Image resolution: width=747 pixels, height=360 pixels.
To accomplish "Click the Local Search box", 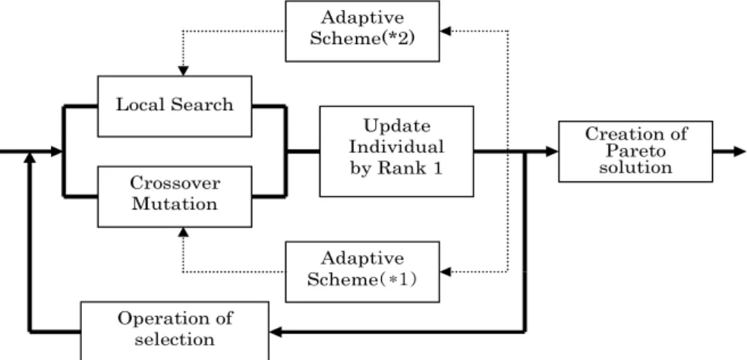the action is point(175,106).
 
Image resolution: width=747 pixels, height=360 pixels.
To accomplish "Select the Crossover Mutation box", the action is point(175,197).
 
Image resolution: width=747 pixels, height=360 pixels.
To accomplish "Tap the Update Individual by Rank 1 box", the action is point(396,151).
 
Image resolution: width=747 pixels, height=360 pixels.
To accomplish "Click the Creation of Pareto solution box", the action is point(635,151).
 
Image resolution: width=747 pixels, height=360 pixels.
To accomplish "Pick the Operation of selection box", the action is point(175,330).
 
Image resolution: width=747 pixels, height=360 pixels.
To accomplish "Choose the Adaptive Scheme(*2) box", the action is point(363,31).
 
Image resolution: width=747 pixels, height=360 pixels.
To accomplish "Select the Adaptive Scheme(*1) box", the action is point(363,272).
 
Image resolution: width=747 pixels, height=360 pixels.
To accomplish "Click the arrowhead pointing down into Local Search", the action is point(183,71).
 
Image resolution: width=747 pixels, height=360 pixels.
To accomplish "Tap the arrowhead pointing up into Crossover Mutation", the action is point(183,232).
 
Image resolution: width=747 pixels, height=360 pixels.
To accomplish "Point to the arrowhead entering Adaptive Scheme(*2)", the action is point(445,31).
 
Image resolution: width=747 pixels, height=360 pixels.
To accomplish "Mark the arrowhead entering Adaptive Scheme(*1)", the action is point(445,272).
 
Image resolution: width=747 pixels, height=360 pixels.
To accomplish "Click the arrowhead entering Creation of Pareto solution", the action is point(552,151).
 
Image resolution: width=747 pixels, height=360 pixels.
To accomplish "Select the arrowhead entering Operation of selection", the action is point(276,331).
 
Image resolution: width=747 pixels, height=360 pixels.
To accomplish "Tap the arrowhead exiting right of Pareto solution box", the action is point(740,151).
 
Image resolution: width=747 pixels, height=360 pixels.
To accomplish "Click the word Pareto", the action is point(635,151).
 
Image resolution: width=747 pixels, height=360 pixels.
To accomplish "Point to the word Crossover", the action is point(175,183).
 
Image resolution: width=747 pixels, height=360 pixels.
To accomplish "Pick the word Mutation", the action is point(175,204).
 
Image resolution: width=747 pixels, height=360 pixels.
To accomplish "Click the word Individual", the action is point(396,147).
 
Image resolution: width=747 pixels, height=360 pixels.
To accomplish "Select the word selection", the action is point(175,339).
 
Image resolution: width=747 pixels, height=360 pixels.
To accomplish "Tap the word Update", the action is point(397,127).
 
